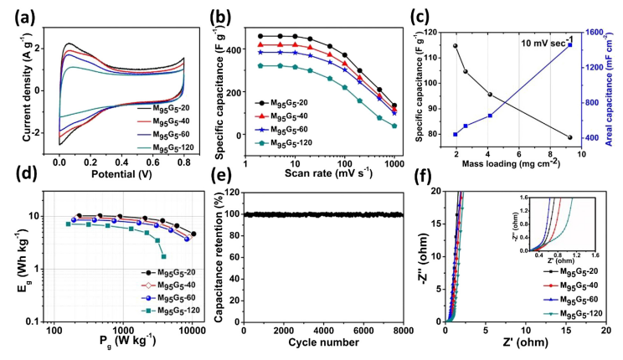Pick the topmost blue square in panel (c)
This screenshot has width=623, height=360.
pyautogui.click(x=570, y=44)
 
